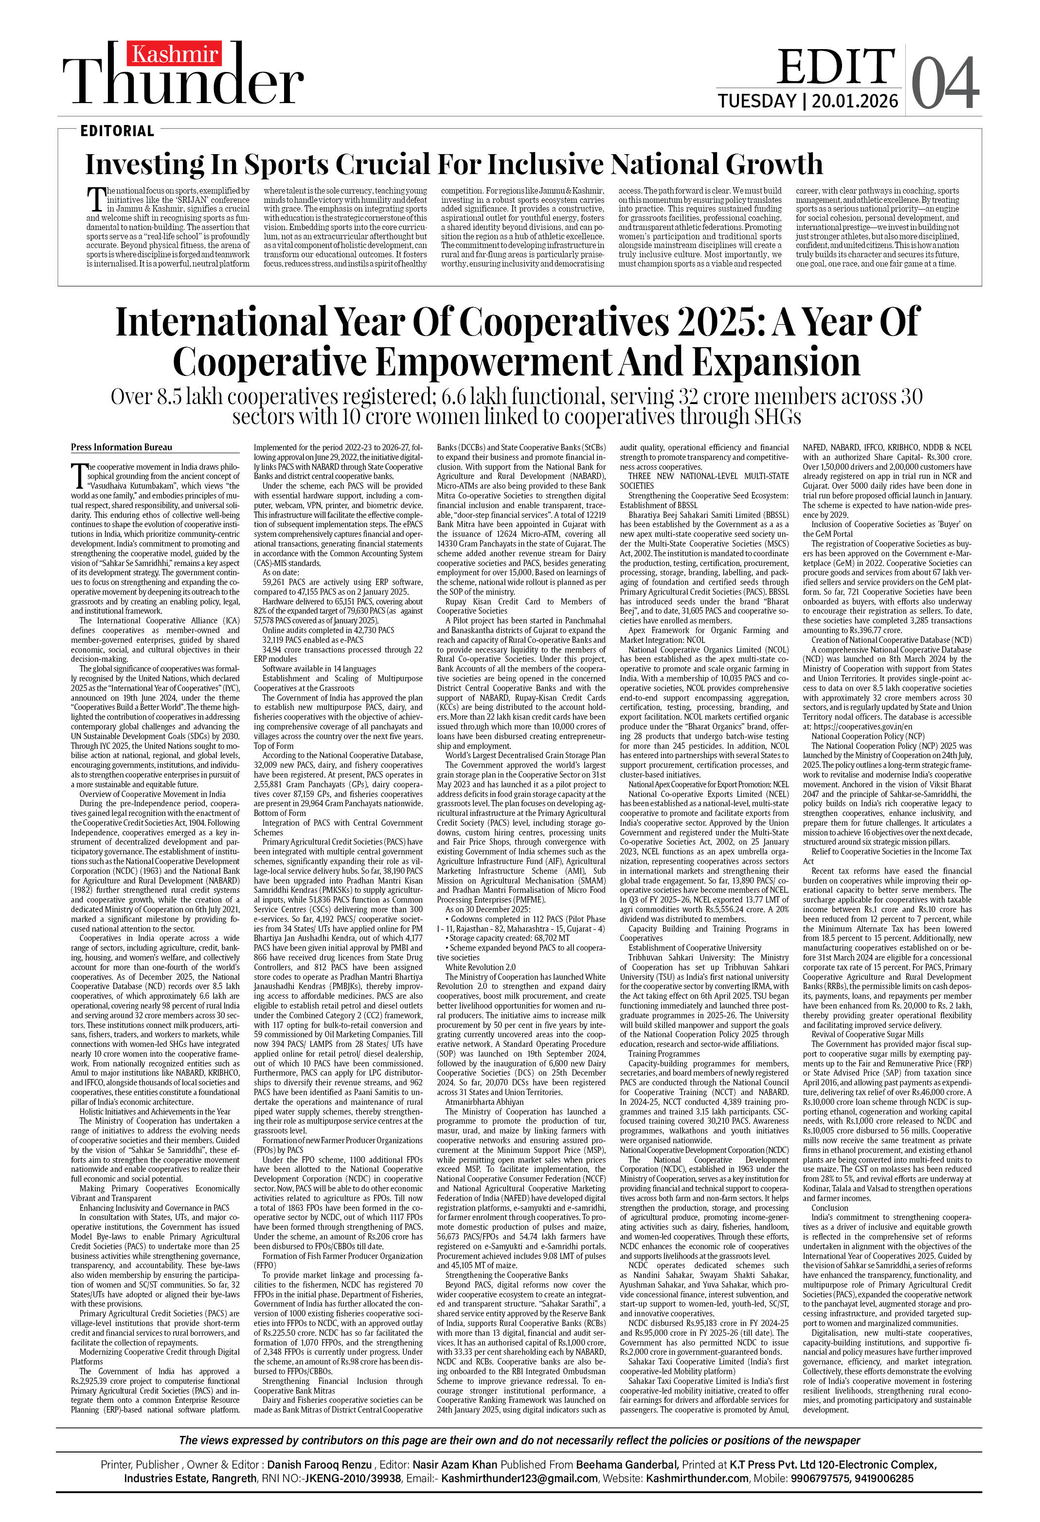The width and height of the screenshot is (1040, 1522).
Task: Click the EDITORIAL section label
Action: [117, 131]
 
